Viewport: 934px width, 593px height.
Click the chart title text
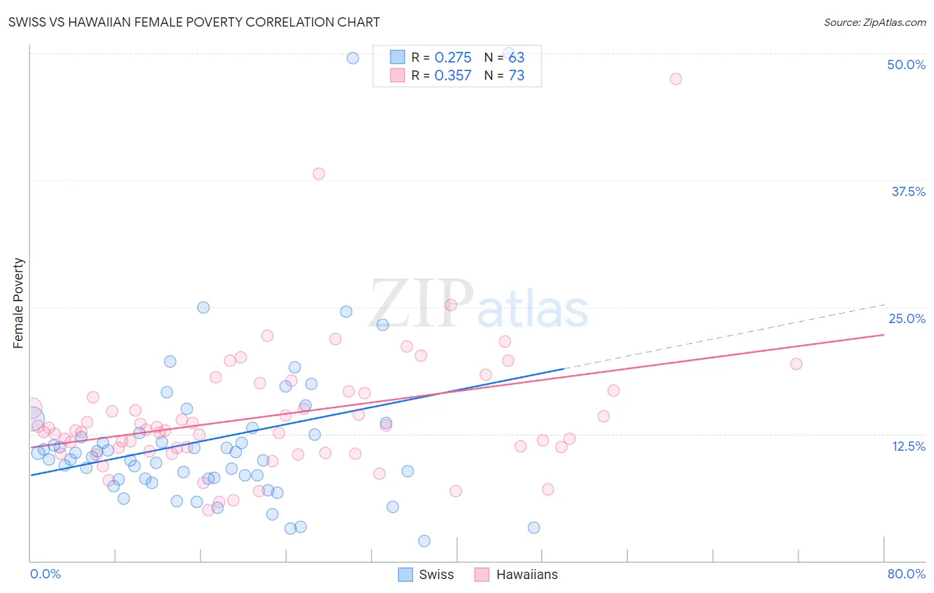(x=194, y=22)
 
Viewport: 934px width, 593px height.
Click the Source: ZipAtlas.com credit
(x=874, y=22)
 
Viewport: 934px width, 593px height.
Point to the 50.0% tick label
(x=906, y=64)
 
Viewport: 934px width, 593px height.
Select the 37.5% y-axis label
(x=908, y=191)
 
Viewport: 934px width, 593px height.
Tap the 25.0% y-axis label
(x=907, y=318)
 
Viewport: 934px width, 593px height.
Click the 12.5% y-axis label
(x=908, y=446)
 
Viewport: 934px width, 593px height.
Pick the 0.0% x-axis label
(x=45, y=574)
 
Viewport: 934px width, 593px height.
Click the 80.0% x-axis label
(x=906, y=574)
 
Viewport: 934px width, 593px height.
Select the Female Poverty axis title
(x=18, y=303)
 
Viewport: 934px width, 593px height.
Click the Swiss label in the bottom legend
(x=436, y=574)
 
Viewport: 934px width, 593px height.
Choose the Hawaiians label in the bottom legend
(x=527, y=574)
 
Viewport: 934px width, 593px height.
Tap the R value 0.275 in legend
(x=452, y=58)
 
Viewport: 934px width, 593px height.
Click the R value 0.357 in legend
(x=452, y=76)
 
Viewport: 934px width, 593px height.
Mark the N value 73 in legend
(x=516, y=76)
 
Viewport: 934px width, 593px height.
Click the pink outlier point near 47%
(x=676, y=79)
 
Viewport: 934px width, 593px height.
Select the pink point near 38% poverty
(x=319, y=174)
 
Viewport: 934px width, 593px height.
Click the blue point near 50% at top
(x=353, y=58)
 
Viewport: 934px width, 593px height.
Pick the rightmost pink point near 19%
(x=796, y=364)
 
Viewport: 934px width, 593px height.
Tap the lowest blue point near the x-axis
(x=424, y=541)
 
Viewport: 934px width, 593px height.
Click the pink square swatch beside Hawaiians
(x=482, y=574)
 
